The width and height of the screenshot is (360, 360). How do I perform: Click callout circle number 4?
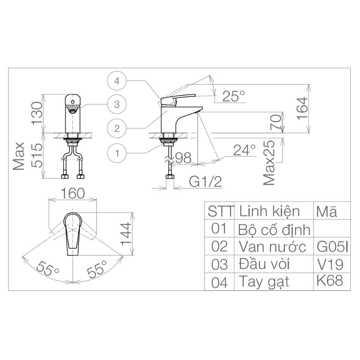[117, 81]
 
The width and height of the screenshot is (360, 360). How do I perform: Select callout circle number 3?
[117, 104]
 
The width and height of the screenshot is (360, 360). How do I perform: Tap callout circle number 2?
[117, 129]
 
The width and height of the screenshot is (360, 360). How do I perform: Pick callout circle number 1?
[117, 153]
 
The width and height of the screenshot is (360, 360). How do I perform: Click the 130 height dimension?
[37, 113]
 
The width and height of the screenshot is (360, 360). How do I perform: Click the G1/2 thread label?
[205, 183]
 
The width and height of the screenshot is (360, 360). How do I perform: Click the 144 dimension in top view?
[126, 234]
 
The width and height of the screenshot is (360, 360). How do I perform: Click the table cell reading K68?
[330, 280]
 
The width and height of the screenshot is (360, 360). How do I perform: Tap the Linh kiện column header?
[269, 211]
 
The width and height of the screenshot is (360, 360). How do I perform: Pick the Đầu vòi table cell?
[265, 264]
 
